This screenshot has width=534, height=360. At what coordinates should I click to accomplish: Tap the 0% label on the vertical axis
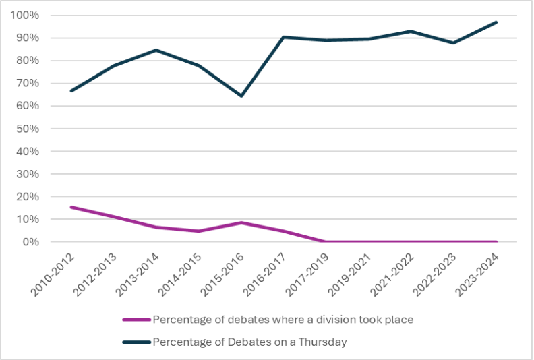[x=31, y=242]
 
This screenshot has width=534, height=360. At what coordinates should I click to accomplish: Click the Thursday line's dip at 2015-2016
[x=241, y=96]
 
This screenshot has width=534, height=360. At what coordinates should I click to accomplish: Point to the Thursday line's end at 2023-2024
[x=496, y=22]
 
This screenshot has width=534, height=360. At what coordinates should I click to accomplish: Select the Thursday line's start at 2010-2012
[x=71, y=91]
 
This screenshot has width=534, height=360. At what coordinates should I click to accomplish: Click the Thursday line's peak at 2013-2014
[x=156, y=50]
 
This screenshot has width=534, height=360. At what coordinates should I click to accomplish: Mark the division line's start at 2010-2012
[x=71, y=207]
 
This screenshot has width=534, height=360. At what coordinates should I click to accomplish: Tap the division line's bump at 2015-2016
[x=241, y=222]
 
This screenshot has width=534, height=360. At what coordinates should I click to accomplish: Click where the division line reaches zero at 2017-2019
[x=326, y=241]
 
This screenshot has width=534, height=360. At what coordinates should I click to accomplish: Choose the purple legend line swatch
[x=136, y=320]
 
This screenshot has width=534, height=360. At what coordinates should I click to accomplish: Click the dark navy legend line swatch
[x=136, y=342]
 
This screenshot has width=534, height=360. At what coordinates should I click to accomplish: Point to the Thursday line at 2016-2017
[x=284, y=37]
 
